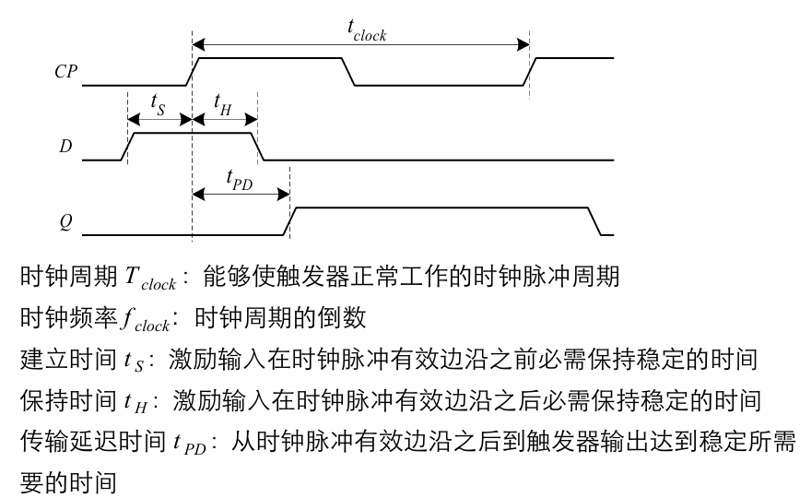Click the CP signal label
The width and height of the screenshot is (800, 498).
[65, 72]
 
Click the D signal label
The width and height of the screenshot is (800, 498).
[65, 147]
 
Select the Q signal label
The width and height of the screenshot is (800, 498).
[65, 221]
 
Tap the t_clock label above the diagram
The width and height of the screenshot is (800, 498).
[366, 31]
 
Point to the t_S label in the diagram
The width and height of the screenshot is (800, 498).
[158, 105]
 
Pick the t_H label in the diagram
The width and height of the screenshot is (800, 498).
[223, 105]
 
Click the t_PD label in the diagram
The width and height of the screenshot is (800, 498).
[240, 180]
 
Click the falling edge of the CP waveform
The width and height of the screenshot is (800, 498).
[348, 72]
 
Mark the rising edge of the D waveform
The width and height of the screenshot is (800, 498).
[128, 147]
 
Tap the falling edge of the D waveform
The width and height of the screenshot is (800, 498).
[258, 147]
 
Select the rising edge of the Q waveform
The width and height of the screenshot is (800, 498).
[290, 221]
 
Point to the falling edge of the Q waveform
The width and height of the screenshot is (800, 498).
[594, 221]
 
